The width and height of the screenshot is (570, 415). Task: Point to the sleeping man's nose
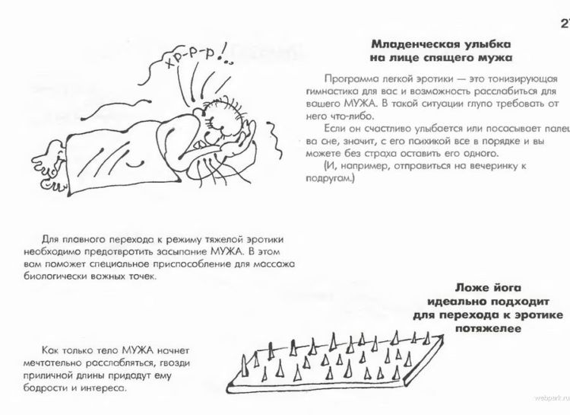(198, 112)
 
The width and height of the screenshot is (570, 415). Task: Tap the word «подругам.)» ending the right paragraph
(330, 178)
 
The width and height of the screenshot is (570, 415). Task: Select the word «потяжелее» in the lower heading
(488, 329)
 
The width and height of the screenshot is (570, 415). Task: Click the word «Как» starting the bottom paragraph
(50, 350)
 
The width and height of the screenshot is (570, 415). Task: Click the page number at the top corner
(565, 24)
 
